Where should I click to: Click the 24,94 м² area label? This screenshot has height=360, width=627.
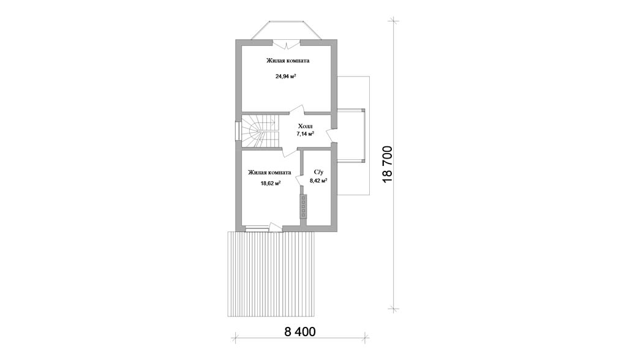285,75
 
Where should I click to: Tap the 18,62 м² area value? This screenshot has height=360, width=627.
270,183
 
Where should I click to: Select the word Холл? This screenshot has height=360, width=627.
306,126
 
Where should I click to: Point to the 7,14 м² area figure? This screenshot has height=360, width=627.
305,133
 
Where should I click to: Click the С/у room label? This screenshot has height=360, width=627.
318,172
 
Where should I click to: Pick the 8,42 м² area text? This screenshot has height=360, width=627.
318,181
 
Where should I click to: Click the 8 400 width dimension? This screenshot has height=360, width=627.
300,332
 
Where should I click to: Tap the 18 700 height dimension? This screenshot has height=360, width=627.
388,165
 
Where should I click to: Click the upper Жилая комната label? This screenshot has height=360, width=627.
288,61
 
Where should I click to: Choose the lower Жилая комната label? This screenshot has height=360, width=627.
269,173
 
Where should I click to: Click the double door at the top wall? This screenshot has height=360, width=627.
287,43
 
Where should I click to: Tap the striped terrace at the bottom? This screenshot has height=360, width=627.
271,274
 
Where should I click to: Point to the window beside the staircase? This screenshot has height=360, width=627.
237,131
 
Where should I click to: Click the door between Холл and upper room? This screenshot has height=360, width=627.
297,113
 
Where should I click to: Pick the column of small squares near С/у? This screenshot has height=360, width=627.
304,206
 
